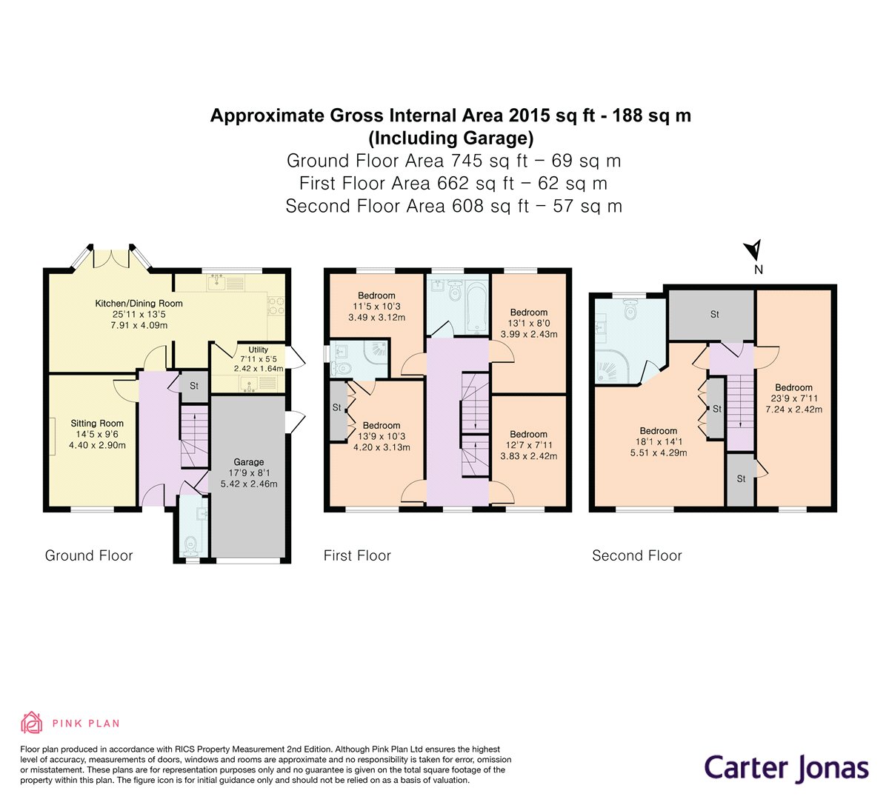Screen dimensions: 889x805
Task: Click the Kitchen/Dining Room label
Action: (x=139, y=304)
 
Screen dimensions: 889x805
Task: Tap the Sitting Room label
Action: (x=97, y=423)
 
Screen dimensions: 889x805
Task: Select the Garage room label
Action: (x=249, y=462)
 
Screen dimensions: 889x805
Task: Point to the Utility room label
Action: (x=259, y=350)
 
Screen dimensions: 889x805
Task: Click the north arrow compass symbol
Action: (x=754, y=250)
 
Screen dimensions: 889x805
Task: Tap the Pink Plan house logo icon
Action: (x=31, y=723)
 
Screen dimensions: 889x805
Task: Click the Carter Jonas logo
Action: (x=786, y=769)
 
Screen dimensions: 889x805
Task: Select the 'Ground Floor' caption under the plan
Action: (x=89, y=555)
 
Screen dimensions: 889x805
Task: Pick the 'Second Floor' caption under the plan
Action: (x=637, y=555)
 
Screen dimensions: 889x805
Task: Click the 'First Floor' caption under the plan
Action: (x=357, y=555)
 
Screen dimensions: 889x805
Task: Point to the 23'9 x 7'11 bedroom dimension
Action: (x=793, y=398)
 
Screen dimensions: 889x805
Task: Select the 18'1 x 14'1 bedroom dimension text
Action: (x=659, y=441)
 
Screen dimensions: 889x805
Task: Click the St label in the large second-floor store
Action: (x=714, y=314)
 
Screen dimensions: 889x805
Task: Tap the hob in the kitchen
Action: (x=275, y=306)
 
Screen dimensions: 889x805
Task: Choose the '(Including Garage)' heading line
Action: (x=450, y=138)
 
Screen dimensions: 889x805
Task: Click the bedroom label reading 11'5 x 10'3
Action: (x=376, y=306)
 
